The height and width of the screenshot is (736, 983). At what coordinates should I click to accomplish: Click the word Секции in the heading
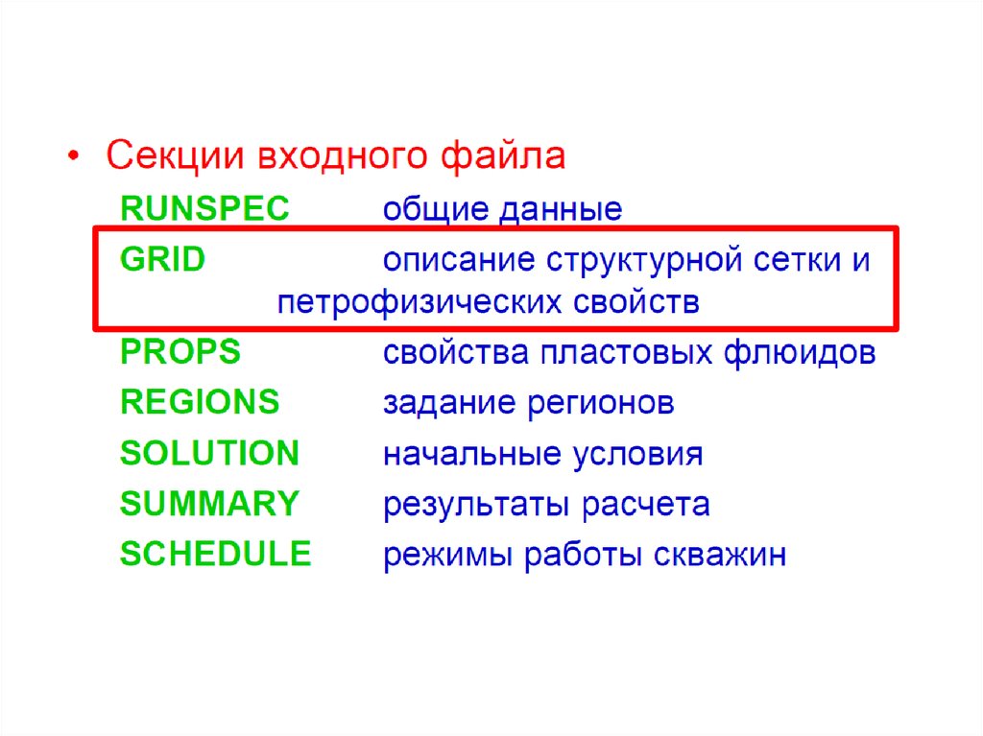[x=175, y=155]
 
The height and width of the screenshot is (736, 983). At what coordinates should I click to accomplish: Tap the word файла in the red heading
[x=503, y=154]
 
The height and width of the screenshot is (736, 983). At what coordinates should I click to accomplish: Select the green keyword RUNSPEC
[x=204, y=208]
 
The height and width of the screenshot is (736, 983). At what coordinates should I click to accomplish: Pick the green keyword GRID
[x=162, y=259]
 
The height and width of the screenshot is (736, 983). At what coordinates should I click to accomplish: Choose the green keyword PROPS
[x=180, y=351]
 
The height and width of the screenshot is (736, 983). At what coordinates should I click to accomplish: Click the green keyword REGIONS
[x=200, y=402]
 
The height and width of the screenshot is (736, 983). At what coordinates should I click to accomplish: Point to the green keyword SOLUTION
[x=209, y=453]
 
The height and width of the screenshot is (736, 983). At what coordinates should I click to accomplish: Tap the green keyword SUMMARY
[x=209, y=504]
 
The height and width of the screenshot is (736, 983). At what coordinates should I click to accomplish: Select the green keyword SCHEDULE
[x=215, y=554]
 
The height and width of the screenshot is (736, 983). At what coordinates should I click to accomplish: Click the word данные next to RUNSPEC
[x=561, y=210]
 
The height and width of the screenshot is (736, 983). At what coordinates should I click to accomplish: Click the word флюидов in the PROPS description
[x=800, y=352]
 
